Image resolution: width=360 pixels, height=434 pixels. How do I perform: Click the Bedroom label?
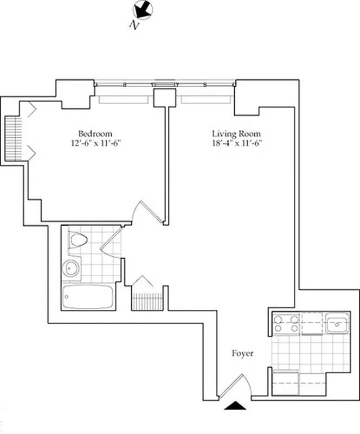click(x=95, y=134)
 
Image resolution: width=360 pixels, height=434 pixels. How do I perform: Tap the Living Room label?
click(x=236, y=134)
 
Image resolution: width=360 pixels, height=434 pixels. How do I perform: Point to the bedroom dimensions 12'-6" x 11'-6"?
click(x=95, y=144)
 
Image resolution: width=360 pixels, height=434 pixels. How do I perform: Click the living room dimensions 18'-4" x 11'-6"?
click(x=236, y=144)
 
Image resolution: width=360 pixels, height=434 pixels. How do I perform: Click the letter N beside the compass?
click(x=133, y=24)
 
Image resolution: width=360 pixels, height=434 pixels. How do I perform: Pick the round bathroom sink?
click(x=71, y=269)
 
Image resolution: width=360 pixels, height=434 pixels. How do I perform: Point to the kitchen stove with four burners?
click(x=286, y=324)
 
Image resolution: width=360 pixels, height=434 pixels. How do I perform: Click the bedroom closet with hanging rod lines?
click(x=13, y=138)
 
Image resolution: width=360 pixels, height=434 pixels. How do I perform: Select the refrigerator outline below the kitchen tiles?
click(x=286, y=382)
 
